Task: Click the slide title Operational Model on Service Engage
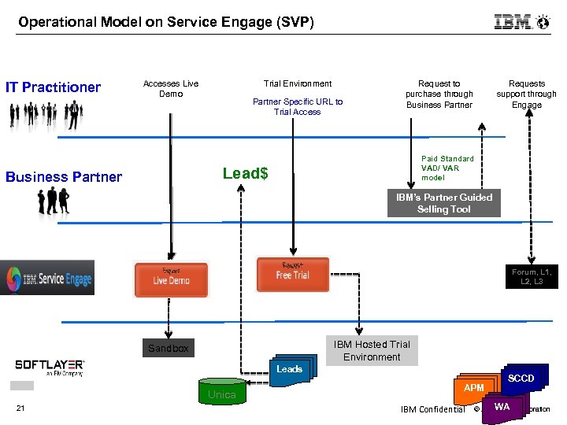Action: pos(166,22)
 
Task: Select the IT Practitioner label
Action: pos(53,87)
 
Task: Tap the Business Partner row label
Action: pos(64,177)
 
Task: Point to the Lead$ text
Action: pos(245,173)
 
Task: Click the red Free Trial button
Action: pos(292,275)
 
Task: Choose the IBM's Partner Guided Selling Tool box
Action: pos(443,203)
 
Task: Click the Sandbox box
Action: pos(169,348)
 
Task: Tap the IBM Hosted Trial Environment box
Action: pos(372,351)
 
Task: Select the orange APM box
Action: pos(473,388)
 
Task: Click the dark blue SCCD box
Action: pos(521,379)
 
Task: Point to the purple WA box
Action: pos(502,407)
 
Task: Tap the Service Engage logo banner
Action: pos(47,278)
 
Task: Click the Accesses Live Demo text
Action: pos(171,89)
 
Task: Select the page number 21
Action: pos(21,408)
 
